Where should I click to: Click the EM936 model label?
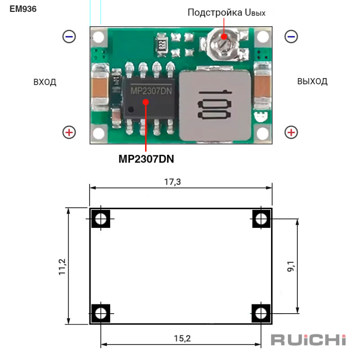tap(23, 9)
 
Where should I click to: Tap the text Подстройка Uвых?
tap(226, 12)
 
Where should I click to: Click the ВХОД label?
tap(45, 82)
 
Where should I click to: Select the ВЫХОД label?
tap(312, 81)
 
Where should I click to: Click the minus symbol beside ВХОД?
tap(69, 37)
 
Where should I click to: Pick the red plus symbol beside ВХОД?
tap(69, 132)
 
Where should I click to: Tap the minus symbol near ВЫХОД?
tap(291, 37)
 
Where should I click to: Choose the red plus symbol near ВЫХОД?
tap(291, 132)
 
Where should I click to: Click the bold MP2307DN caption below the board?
tap(146, 159)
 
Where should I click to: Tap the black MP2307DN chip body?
tap(150, 97)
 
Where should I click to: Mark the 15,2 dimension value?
tap(182, 338)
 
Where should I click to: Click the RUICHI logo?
tap(308, 339)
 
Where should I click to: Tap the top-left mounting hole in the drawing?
tap(101, 220)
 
